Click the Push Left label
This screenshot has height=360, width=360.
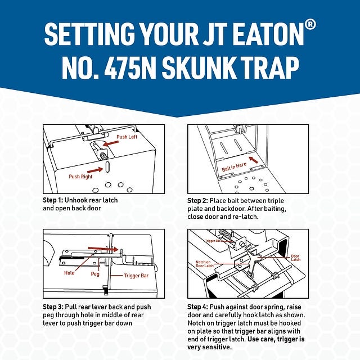[x=127, y=137]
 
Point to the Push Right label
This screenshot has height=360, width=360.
[x=80, y=176]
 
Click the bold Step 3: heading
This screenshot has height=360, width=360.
[x=57, y=307]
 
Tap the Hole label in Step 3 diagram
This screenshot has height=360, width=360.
[x=69, y=273]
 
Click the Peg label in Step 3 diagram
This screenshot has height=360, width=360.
[x=95, y=274]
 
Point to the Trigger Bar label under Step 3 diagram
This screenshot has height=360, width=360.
[x=136, y=276]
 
